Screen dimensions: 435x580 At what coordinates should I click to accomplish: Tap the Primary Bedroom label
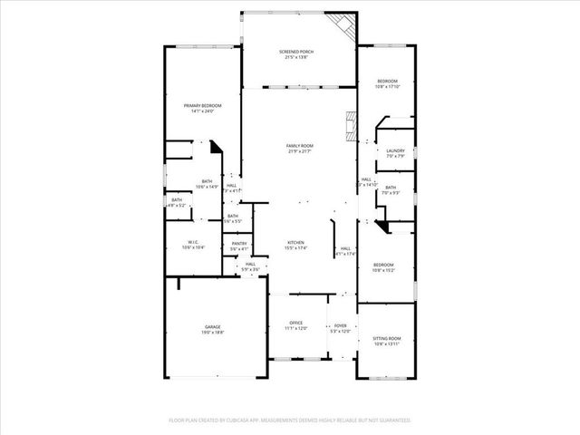click(x=202, y=106)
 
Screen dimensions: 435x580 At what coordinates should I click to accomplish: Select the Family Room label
click(x=299, y=146)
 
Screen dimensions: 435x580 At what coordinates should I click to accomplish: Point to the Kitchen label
click(x=296, y=243)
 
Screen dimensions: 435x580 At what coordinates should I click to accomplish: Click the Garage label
click(x=212, y=326)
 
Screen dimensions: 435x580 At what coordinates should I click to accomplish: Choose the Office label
click(x=295, y=323)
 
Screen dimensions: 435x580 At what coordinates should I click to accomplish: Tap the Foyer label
click(x=341, y=325)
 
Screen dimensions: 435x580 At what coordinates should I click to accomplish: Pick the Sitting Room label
click(x=387, y=339)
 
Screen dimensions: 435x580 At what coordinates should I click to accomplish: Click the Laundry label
click(x=395, y=150)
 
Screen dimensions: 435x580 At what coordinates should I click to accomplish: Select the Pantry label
click(x=239, y=243)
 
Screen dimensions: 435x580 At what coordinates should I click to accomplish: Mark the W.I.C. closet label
click(x=193, y=242)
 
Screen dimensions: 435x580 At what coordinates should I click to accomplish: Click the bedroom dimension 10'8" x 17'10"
click(x=388, y=87)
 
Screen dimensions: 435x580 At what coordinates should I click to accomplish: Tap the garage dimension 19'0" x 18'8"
click(x=212, y=333)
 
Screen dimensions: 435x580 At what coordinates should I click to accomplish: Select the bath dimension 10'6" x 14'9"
click(x=208, y=187)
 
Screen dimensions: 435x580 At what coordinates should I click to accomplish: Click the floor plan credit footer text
click(x=290, y=420)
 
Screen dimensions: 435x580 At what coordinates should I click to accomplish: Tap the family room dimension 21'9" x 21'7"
click(x=299, y=151)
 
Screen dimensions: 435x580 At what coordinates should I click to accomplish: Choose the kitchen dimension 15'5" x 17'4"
click(x=296, y=248)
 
